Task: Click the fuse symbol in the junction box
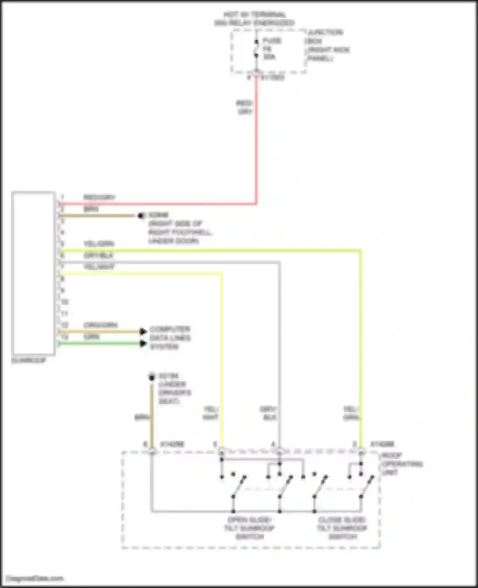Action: pyautogui.click(x=256, y=48)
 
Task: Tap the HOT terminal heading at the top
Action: pyautogui.click(x=254, y=18)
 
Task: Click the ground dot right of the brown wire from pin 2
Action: pyautogui.click(x=141, y=216)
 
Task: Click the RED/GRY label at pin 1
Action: pyautogui.click(x=99, y=197)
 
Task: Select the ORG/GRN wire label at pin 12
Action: pyautogui.click(x=100, y=325)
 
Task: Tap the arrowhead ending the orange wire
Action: pyautogui.click(x=143, y=332)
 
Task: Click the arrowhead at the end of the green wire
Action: pyautogui.click(x=143, y=343)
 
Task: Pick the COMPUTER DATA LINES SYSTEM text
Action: pyautogui.click(x=170, y=338)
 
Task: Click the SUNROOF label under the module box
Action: pyautogui.click(x=29, y=361)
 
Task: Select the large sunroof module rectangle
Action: pyautogui.click(x=33, y=273)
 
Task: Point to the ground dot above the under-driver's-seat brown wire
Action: pyautogui.click(x=152, y=377)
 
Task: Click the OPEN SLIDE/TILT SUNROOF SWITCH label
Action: pyautogui.click(x=250, y=528)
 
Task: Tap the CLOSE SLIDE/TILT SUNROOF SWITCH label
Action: pyautogui.click(x=342, y=528)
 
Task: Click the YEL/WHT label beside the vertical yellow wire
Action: pyautogui.click(x=210, y=413)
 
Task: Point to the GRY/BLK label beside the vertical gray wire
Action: pyautogui.click(x=269, y=413)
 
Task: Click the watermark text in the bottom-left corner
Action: pyautogui.click(x=35, y=578)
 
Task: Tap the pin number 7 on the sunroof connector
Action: pyautogui.click(x=62, y=267)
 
